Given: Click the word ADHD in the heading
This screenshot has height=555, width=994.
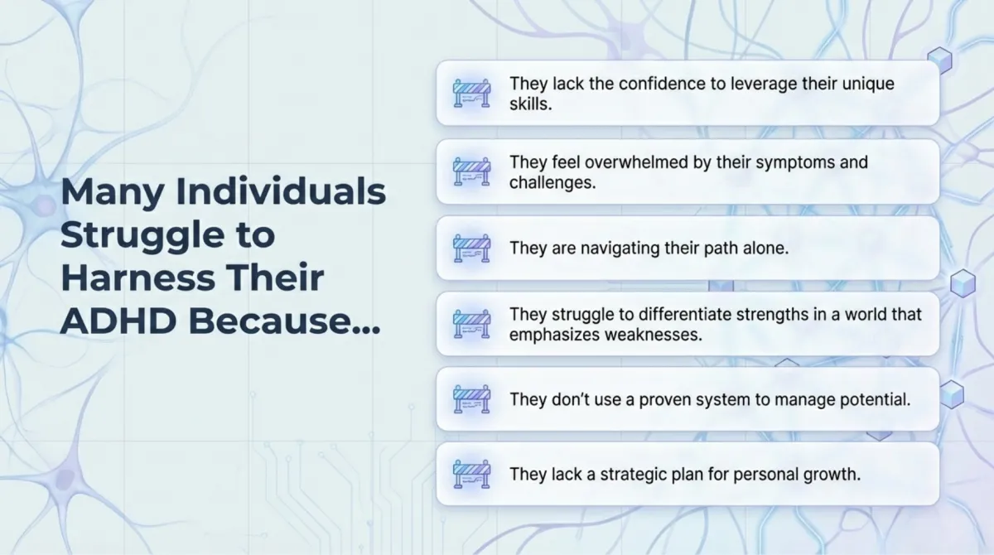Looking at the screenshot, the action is (118, 321).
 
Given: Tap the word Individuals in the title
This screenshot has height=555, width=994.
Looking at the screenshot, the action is (281, 191).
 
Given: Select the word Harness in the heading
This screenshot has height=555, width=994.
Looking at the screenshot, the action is (138, 277).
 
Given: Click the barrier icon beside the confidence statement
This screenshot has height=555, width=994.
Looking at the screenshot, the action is (471, 93).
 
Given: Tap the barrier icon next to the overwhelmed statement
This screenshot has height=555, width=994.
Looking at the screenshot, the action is (471, 171).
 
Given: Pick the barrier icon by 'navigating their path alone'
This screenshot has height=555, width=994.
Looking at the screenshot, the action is (471, 248).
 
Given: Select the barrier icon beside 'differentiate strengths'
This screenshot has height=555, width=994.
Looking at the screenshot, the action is (471, 324).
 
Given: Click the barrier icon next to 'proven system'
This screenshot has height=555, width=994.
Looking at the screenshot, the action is (471, 399).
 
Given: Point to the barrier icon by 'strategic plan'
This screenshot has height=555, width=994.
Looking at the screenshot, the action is (471, 474).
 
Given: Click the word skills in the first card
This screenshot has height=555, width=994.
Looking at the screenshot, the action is (530, 104).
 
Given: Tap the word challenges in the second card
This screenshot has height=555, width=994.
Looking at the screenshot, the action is (552, 183).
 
